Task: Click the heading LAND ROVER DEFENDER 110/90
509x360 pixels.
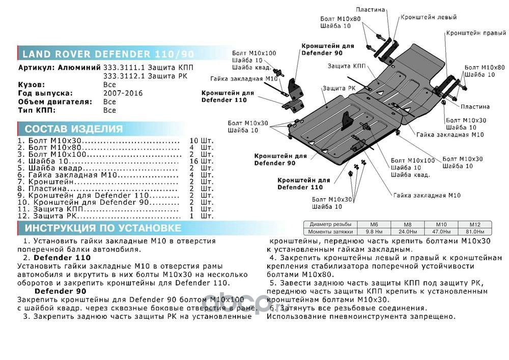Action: [x=108, y=54]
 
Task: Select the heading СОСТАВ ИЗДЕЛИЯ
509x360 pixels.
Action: [x=74, y=129]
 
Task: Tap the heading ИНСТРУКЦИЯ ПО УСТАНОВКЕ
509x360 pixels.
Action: [x=103, y=228]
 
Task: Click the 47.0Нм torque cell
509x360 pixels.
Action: [x=441, y=232]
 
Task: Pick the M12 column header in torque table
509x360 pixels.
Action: [x=474, y=225]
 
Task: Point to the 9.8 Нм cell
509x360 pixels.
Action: [x=374, y=232]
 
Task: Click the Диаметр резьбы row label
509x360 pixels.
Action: [x=330, y=225]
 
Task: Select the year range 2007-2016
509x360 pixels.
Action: [x=123, y=93]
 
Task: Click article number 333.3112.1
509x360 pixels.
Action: [x=123, y=76]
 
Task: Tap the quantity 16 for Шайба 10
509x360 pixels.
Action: [x=194, y=161]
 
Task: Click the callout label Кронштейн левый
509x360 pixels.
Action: [x=429, y=17]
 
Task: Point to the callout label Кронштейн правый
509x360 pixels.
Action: [x=476, y=33]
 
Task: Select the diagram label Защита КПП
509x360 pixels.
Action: [x=346, y=66]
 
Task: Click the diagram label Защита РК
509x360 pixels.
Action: [x=339, y=88]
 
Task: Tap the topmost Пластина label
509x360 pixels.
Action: [x=370, y=10]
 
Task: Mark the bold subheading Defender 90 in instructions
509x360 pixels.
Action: [x=61, y=291]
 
